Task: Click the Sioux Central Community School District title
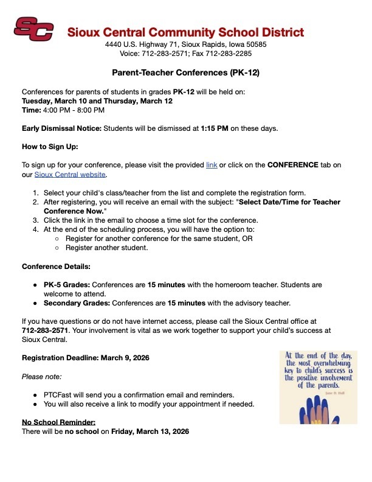pos(185,32)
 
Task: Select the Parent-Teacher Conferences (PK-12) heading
pos(185,72)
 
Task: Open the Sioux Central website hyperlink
pos(70,175)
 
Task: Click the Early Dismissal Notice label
pos(61,128)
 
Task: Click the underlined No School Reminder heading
pos(58,422)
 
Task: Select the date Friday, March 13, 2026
pos(150,431)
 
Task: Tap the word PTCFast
pos(57,394)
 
